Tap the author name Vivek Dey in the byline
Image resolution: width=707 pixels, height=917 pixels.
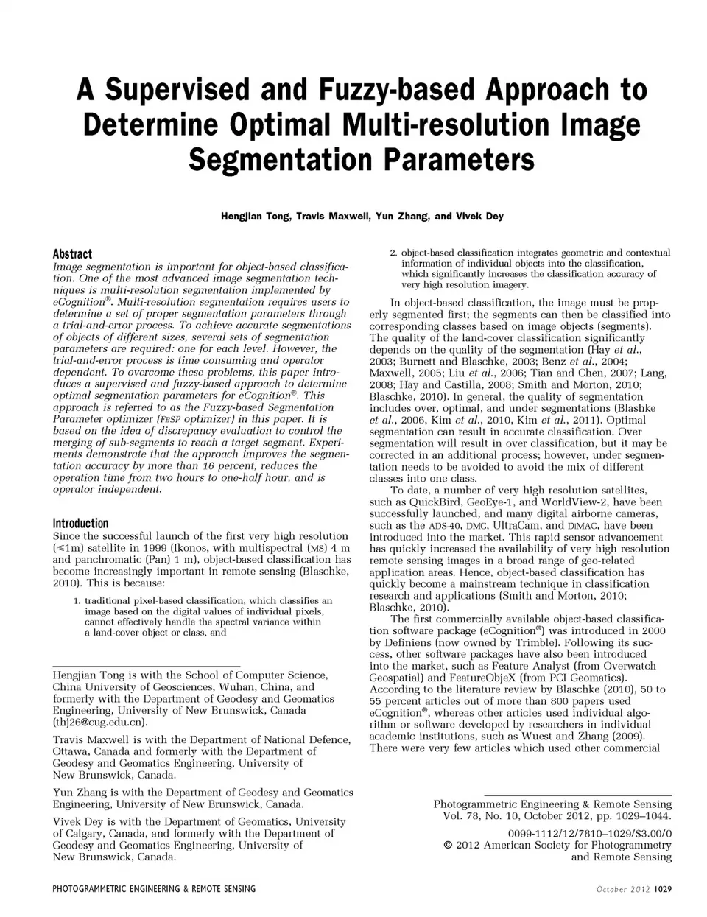click(x=479, y=217)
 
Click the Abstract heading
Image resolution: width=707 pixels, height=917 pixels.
click(x=72, y=254)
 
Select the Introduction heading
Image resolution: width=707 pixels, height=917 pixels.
click(x=80, y=524)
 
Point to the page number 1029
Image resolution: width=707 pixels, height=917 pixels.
click(x=662, y=889)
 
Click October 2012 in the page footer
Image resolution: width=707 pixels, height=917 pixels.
click(x=623, y=889)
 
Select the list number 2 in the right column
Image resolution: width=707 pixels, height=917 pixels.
click(x=393, y=253)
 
